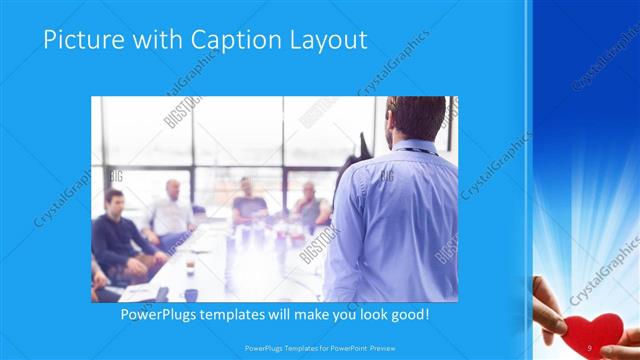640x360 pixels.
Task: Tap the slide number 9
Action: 590,347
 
